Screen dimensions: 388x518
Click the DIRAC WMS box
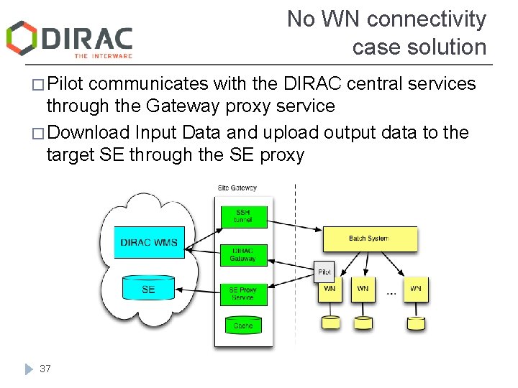pos(149,242)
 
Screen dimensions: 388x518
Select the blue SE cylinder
pos(148,288)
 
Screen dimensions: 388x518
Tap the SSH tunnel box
pos(242,216)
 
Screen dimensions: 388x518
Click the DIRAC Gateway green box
pos(242,254)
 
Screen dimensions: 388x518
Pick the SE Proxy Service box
pos(242,293)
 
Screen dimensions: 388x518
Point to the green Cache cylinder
pos(242,325)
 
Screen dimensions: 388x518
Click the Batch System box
pos(369,239)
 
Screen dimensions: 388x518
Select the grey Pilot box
pos(325,272)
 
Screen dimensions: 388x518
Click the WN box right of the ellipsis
pos(415,289)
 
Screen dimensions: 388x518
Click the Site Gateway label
pos(237,188)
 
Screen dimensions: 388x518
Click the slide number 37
pos(45,369)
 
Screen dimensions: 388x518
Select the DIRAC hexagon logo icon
pos(22,37)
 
